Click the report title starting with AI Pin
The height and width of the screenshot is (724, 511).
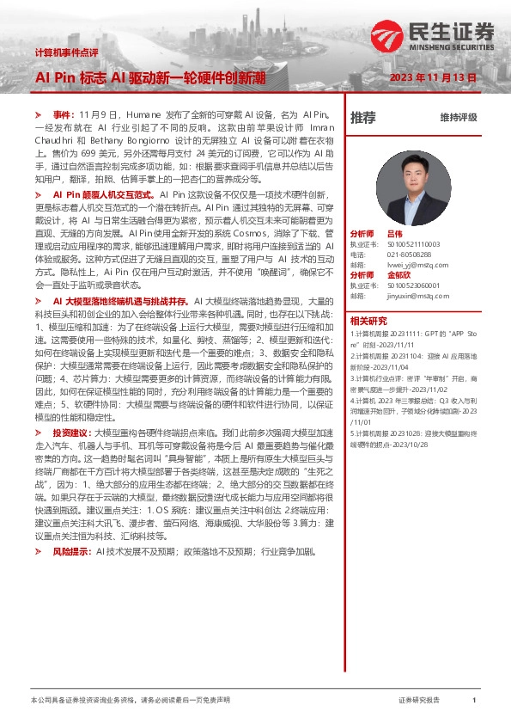tap(143, 77)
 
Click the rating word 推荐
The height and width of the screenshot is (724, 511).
tap(362, 117)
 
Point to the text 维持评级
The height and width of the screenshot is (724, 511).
tap(458, 117)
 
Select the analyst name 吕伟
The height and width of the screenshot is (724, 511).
tap(394, 234)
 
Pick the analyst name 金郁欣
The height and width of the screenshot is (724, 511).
tap(399, 275)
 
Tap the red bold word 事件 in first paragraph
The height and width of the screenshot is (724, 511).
tap(64, 114)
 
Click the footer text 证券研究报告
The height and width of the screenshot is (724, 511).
tap(418, 701)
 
